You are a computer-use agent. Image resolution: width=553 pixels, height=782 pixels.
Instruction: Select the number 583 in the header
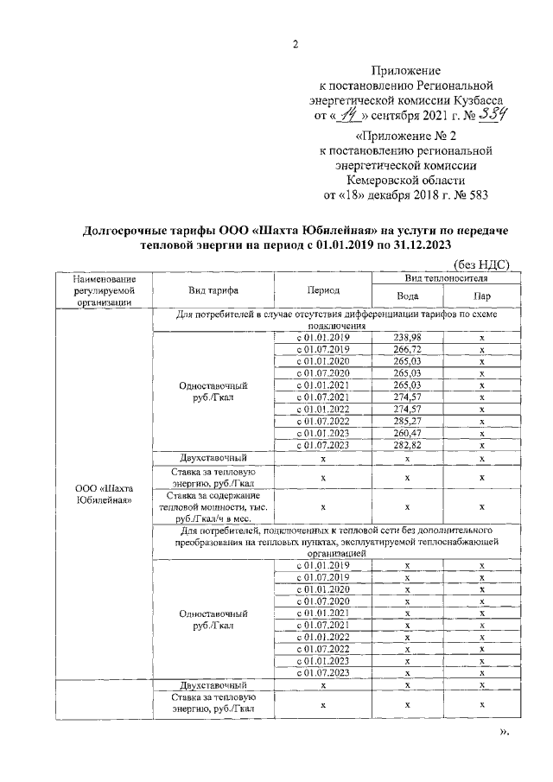coord(476,194)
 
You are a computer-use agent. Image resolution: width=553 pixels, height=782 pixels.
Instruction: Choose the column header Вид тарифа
coord(213,291)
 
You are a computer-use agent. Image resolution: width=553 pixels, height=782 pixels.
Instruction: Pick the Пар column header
coord(481,296)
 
